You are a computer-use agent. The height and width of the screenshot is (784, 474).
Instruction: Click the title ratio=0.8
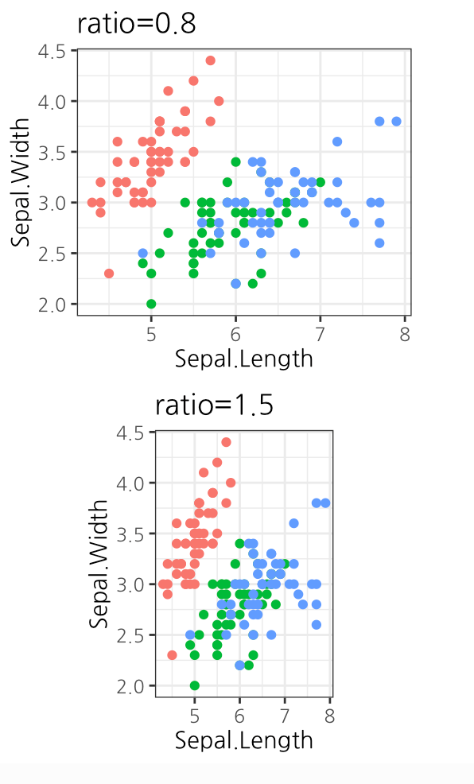[136, 23]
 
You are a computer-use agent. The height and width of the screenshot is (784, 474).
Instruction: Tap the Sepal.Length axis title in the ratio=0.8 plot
[243, 358]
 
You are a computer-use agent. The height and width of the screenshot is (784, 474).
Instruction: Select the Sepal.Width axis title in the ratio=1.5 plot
[99, 563]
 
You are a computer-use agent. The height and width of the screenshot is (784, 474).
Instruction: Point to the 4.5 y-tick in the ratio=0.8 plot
[52, 52]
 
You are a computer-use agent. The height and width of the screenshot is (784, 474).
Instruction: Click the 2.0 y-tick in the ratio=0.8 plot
[52, 305]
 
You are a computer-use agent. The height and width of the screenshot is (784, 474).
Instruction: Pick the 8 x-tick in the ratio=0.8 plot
[405, 332]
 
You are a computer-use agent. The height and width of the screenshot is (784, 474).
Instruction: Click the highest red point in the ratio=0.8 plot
[210, 60]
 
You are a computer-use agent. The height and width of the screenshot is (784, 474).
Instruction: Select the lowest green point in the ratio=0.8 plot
[151, 304]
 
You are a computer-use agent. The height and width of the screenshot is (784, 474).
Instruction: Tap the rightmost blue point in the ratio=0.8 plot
[396, 121]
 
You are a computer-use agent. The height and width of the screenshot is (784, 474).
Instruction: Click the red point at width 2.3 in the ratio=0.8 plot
[109, 274]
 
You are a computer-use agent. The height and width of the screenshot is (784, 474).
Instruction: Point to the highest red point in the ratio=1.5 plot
[226, 442]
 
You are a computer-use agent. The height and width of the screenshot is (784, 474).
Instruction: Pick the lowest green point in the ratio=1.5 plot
[194, 685]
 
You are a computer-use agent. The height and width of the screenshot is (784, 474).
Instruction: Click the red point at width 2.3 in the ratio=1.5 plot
[172, 654]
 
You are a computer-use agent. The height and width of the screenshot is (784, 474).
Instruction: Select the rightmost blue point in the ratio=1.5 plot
[325, 503]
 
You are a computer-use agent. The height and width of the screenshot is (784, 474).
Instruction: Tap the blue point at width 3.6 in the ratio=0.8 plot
[337, 142]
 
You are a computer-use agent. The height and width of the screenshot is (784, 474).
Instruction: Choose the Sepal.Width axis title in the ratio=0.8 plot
[20, 182]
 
